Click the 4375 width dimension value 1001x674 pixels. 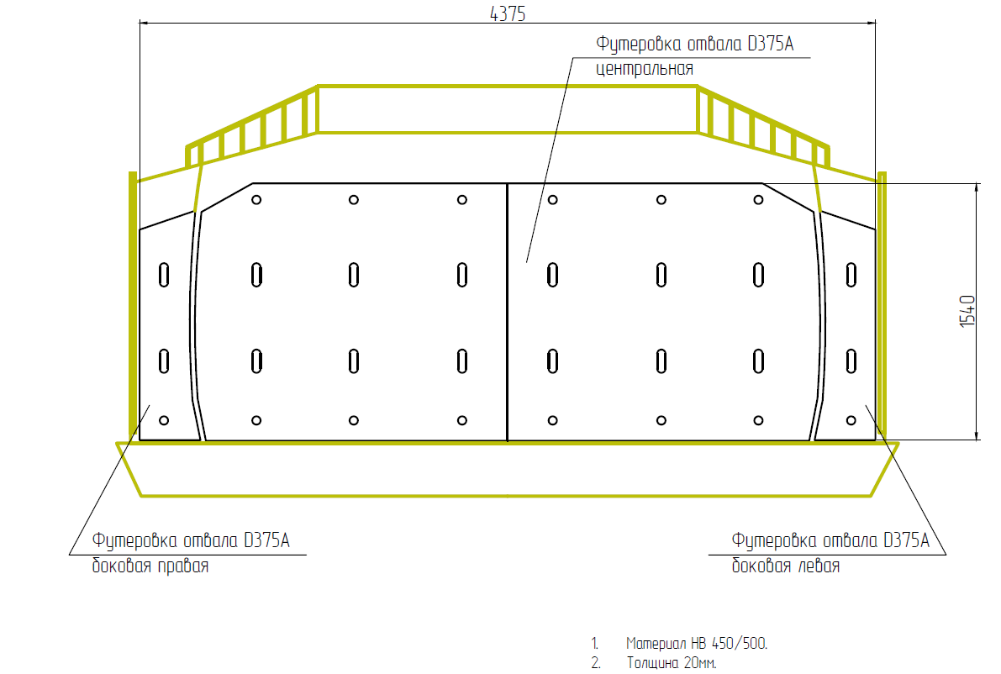(x=508, y=14)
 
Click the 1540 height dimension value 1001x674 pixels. (x=968, y=312)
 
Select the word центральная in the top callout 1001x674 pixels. (x=645, y=69)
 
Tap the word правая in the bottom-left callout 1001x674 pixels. (x=183, y=566)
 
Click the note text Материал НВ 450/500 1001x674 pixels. (x=697, y=644)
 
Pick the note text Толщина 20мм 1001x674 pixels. (x=672, y=663)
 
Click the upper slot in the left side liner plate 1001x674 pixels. (x=164, y=275)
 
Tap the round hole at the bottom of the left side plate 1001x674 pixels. (x=164, y=420)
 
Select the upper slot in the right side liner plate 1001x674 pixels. (x=851, y=275)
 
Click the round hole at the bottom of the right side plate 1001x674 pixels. (x=851, y=420)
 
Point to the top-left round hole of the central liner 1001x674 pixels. (x=256, y=200)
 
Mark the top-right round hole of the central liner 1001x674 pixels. (x=758, y=200)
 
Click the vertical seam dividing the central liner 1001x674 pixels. (x=508, y=312)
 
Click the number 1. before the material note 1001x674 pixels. (x=595, y=644)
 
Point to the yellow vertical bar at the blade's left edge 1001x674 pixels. (x=133, y=306)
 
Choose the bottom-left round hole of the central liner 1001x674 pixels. (x=256, y=420)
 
